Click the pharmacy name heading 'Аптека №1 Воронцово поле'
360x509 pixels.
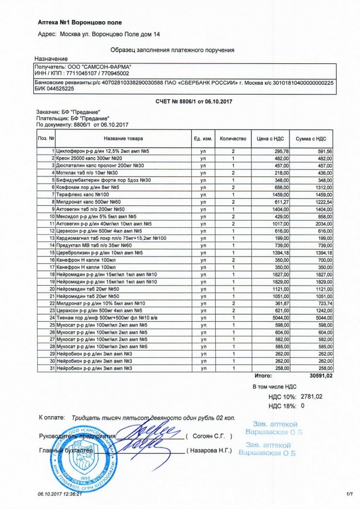80,22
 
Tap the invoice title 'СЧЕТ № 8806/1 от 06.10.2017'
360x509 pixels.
180,102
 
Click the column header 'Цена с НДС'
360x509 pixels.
269,139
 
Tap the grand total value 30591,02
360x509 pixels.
320,376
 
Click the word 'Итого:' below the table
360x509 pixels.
263,376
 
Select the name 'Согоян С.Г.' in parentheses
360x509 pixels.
209,436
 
